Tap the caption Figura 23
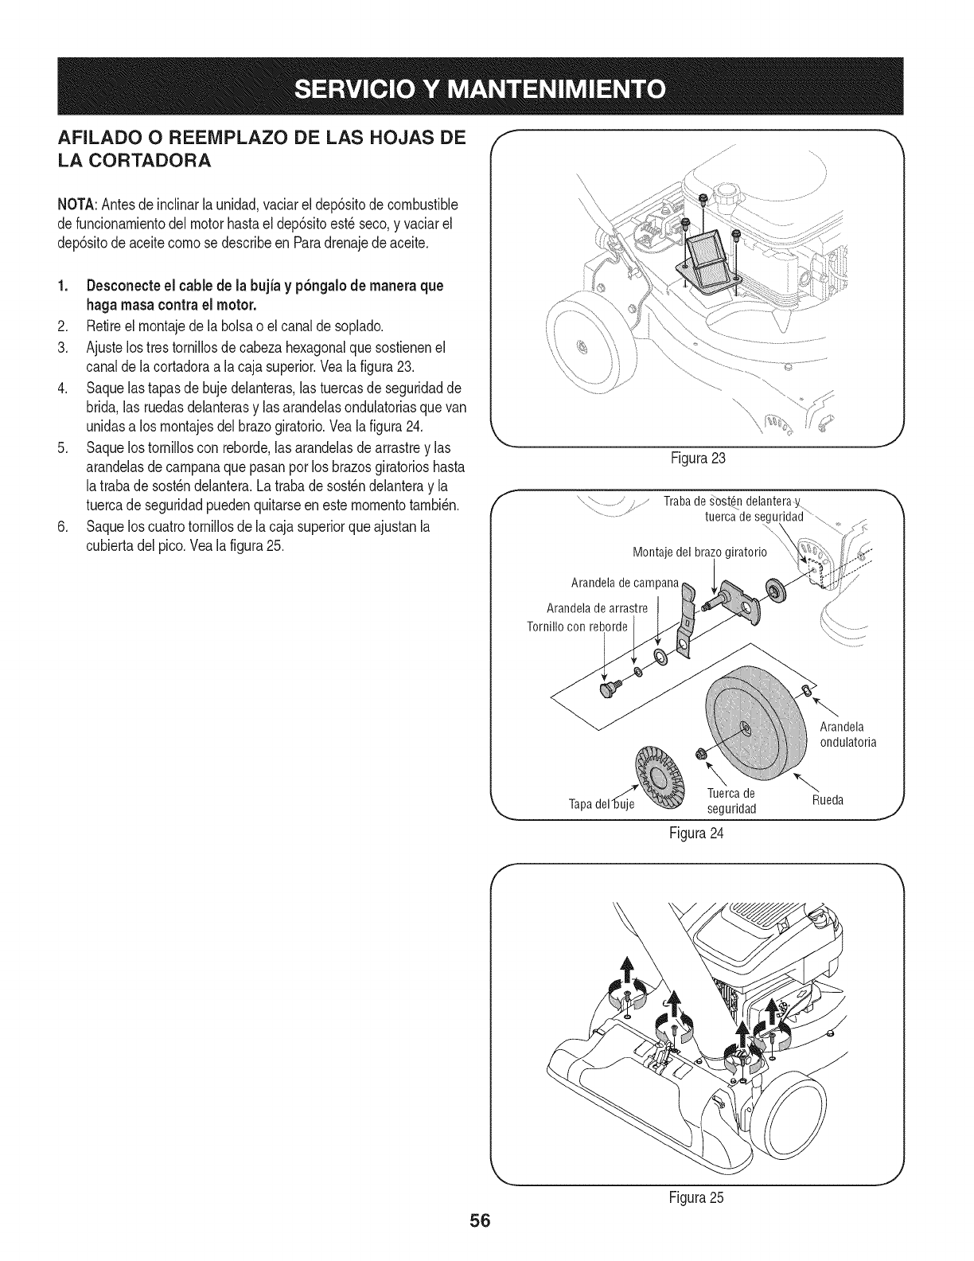tap(699, 459)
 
